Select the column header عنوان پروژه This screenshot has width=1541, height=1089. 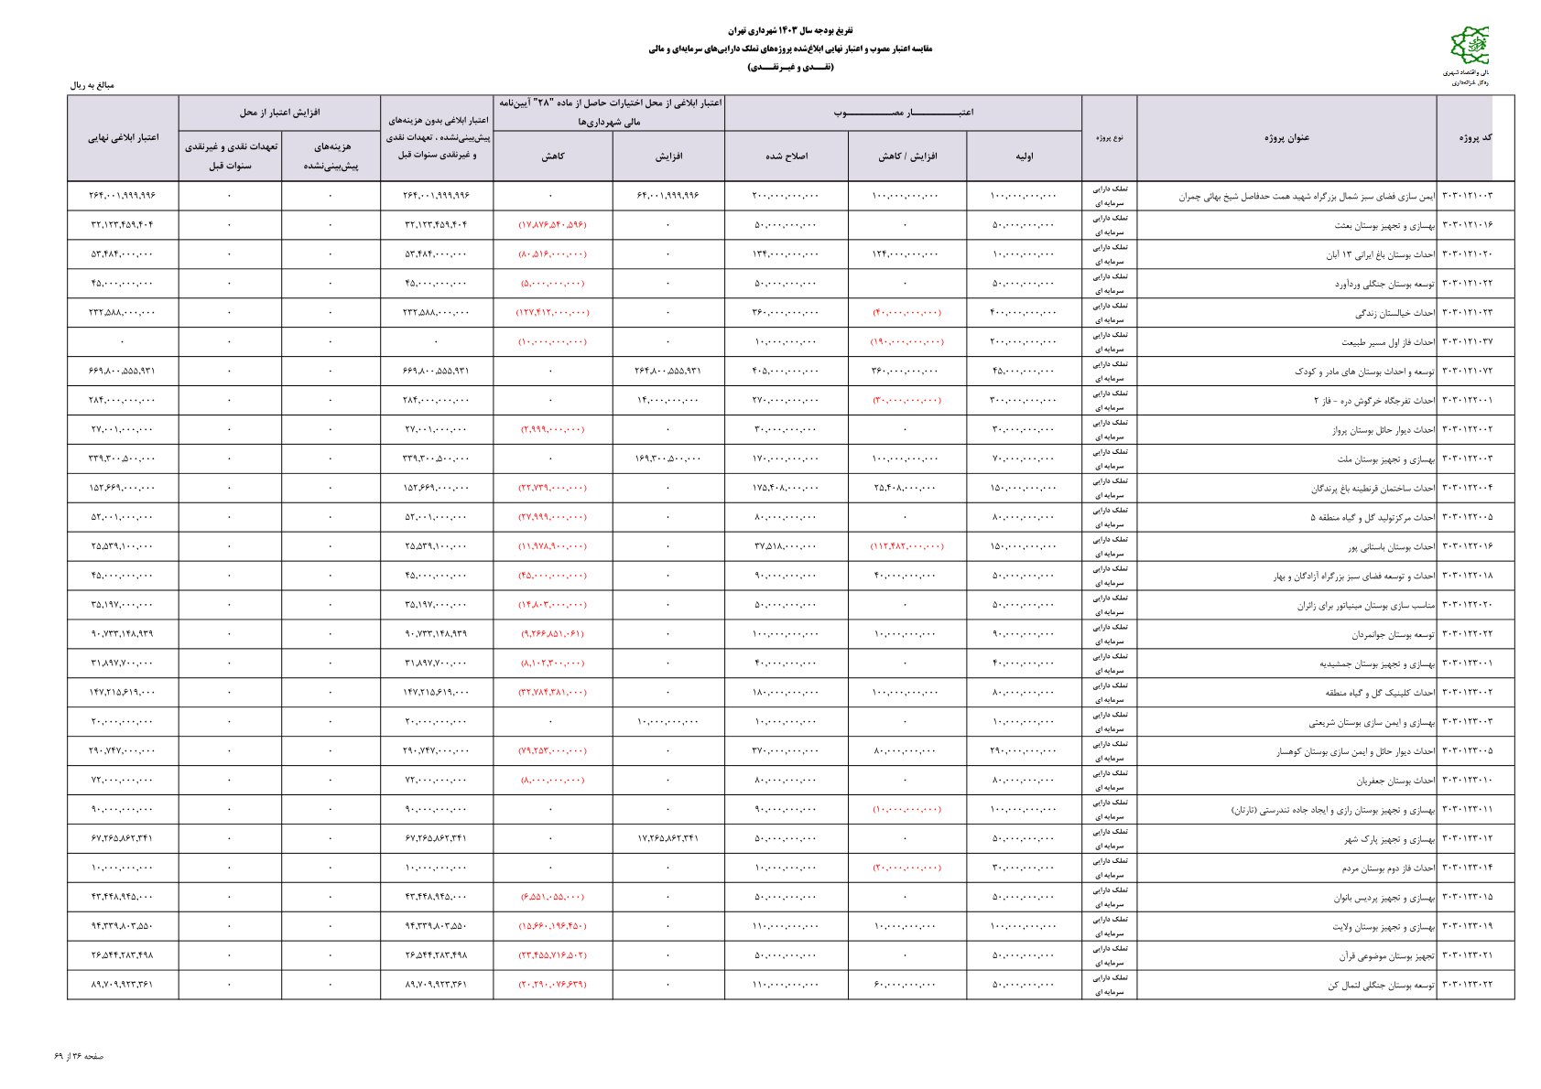(1286, 137)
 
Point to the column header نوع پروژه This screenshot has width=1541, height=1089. (1109, 137)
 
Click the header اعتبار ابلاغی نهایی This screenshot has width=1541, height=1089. (123, 137)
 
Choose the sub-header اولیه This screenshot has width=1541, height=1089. (1024, 156)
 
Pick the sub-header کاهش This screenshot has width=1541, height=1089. (552, 156)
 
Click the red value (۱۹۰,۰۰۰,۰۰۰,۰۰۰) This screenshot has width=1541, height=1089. (906, 342)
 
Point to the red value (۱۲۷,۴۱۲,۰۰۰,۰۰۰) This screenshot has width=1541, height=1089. (552, 313)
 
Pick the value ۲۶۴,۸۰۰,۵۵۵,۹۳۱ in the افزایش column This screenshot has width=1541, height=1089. (667, 372)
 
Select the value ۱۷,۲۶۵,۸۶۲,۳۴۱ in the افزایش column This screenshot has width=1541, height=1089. (667, 839)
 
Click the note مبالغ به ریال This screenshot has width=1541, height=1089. (92, 85)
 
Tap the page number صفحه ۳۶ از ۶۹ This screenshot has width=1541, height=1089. (79, 1056)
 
